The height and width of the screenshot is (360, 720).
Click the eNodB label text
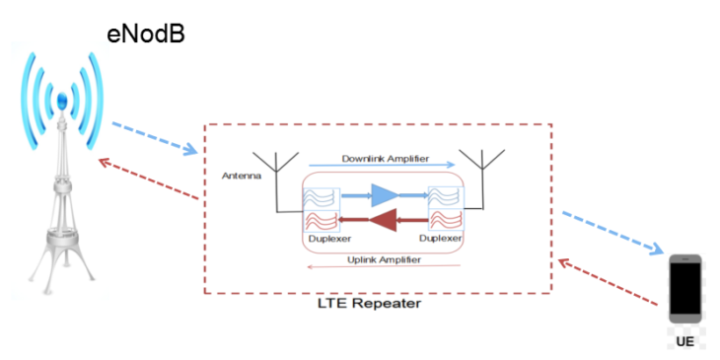(x=146, y=35)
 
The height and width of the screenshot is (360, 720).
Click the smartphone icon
(x=684, y=288)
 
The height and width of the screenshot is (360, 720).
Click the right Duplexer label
(x=440, y=240)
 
